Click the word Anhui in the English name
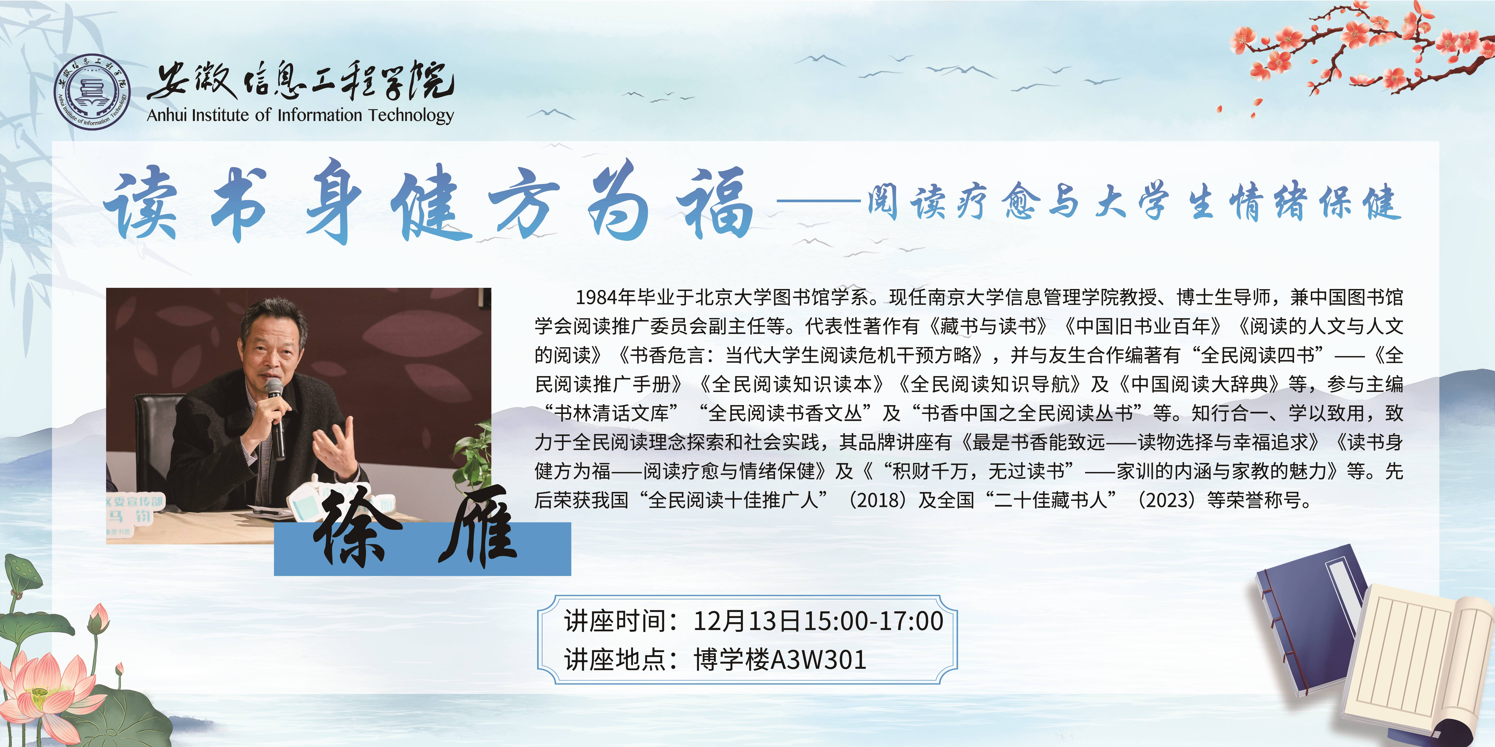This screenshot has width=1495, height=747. tap(167, 115)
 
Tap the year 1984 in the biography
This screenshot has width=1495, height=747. tap(596, 297)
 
